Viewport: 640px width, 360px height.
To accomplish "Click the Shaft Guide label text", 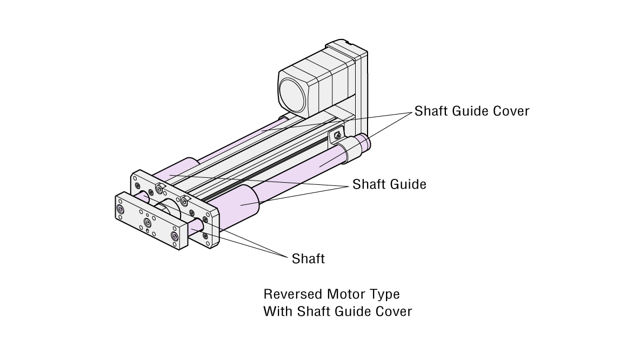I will coord(389,184).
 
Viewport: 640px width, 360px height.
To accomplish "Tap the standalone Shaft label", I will coord(308,259).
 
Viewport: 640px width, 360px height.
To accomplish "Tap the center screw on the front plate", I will coord(148,222).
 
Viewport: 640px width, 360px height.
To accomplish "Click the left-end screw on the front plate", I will coord(120,209).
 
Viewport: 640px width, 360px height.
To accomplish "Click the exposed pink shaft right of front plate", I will coord(195,232).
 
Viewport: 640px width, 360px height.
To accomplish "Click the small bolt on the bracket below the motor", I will coord(337,135).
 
